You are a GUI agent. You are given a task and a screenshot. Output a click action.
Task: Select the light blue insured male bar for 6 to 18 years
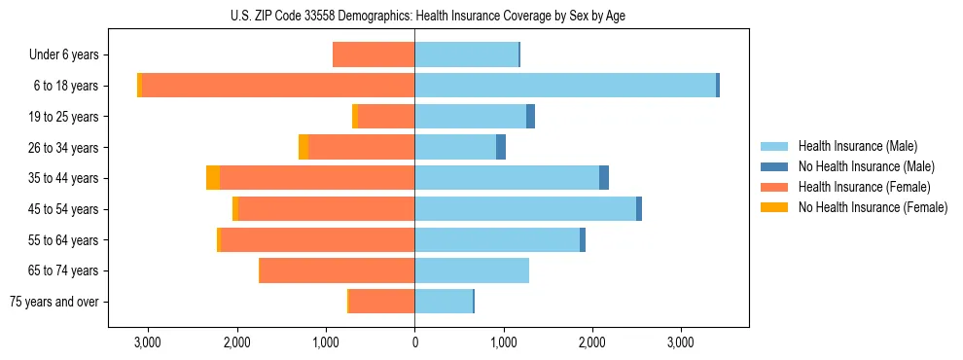565,86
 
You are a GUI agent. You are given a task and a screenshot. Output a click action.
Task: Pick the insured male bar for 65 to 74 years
472,270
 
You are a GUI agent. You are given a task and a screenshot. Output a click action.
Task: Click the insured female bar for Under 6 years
374,54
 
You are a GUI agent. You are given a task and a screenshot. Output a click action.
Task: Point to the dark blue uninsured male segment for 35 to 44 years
604,178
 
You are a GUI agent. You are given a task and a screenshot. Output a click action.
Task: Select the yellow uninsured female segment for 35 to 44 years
213,178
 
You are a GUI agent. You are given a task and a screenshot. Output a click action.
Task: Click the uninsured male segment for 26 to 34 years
501,147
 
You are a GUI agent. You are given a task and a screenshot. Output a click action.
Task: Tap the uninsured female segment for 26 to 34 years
303,147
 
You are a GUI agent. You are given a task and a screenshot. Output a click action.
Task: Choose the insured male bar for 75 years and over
444,302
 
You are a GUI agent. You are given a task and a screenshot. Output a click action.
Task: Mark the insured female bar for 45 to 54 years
327,209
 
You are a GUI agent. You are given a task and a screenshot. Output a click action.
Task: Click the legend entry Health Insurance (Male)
857,146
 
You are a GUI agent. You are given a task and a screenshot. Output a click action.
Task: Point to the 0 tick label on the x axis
415,342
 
